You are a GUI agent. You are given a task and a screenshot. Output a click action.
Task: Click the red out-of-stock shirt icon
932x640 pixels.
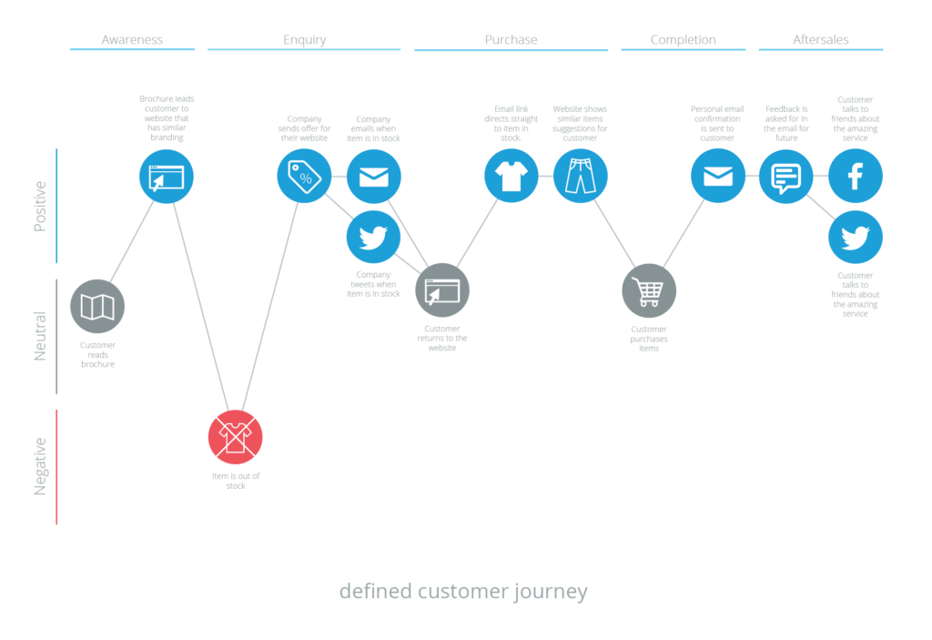point(236,437)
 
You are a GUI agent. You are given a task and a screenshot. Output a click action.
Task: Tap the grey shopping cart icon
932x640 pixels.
point(648,290)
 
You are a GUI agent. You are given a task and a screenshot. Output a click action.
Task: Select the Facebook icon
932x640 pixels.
point(856,176)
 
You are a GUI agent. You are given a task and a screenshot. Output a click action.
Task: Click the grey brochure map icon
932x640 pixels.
point(97,306)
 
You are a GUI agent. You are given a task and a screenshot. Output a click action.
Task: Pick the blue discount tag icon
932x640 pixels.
point(304,176)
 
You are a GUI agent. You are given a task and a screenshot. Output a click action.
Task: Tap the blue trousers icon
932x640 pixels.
point(580,176)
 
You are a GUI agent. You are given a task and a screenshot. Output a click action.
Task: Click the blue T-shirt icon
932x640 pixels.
point(512,176)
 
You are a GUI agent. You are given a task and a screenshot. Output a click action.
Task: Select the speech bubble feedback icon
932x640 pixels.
point(785,176)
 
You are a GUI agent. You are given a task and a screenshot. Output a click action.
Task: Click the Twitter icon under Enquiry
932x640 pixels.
point(373,237)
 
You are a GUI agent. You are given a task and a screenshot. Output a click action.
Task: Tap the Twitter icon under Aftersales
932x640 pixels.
point(856,237)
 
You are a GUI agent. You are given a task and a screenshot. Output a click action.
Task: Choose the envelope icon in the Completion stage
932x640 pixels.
point(717,176)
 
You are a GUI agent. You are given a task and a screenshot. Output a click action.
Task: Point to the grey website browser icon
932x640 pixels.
point(442,290)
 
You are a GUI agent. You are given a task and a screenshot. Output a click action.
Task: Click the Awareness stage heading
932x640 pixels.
point(132,40)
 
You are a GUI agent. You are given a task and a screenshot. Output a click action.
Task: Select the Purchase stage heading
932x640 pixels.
point(512,40)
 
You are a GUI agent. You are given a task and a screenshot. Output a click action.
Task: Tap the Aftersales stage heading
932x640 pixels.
point(821,40)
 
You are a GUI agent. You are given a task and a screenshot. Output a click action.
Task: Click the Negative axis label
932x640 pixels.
point(40,467)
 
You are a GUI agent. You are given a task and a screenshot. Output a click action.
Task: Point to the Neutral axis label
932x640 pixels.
point(40,336)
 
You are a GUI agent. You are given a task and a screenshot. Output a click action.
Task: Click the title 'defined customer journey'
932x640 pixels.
point(463,591)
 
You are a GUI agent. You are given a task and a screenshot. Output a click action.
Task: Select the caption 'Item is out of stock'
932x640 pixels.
point(236,481)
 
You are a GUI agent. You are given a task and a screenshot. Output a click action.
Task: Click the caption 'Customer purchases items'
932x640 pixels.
point(648,339)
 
